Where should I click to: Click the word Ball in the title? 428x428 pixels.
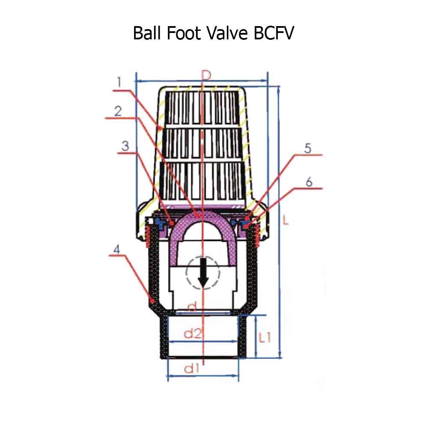tap(147, 33)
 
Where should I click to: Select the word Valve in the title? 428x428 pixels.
tap(227, 33)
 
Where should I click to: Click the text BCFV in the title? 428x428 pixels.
tap(274, 33)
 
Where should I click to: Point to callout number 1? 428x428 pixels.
tap(119, 82)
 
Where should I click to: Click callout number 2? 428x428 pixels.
tap(118, 111)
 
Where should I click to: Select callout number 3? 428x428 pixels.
tap(125, 146)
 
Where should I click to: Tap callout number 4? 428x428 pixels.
tap(117, 249)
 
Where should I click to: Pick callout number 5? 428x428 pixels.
tap(308, 149)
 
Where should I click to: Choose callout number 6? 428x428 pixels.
tap(309, 182)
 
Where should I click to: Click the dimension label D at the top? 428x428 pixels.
tap(206, 75)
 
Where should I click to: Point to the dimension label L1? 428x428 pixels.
tap(265, 337)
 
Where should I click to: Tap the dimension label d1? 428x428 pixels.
tap(192, 369)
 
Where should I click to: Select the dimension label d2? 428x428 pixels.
tap(193, 333)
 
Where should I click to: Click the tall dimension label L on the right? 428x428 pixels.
tap(285, 220)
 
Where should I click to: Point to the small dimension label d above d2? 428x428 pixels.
tap(193, 306)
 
